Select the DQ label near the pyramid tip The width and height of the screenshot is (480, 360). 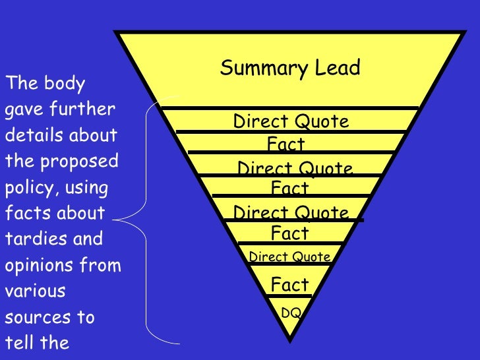point(291,313)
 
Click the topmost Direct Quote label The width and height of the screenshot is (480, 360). point(291,121)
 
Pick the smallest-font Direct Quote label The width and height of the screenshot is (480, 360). point(289,257)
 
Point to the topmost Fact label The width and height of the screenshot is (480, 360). point(286,144)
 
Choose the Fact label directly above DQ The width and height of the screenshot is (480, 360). point(290,285)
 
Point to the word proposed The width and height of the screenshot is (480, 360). point(86,162)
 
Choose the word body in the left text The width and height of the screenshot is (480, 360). point(65,84)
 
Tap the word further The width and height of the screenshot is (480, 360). point(85,109)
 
